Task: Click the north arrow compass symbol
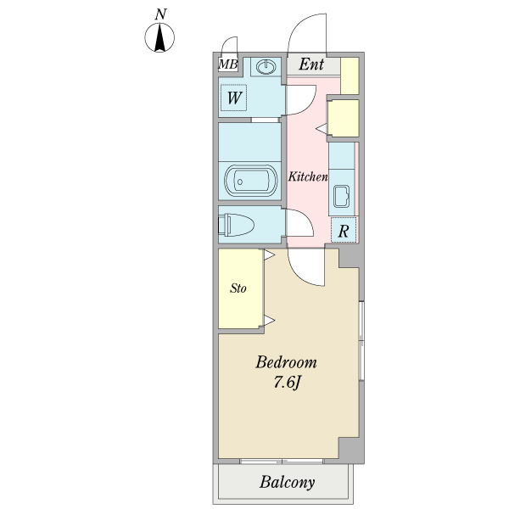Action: (x=159, y=37)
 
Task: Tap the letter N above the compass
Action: (x=160, y=14)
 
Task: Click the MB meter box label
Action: (x=228, y=64)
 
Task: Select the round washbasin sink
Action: (x=266, y=67)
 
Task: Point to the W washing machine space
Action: (x=234, y=98)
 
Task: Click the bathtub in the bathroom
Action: (x=250, y=182)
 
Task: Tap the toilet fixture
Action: (x=236, y=225)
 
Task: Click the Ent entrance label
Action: (x=311, y=64)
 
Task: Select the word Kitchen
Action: (x=308, y=177)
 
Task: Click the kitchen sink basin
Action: (x=342, y=196)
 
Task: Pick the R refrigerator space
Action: (x=344, y=230)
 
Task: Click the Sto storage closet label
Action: (x=238, y=288)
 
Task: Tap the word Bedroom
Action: (x=286, y=362)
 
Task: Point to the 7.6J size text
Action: (x=287, y=383)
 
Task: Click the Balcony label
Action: (x=287, y=483)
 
